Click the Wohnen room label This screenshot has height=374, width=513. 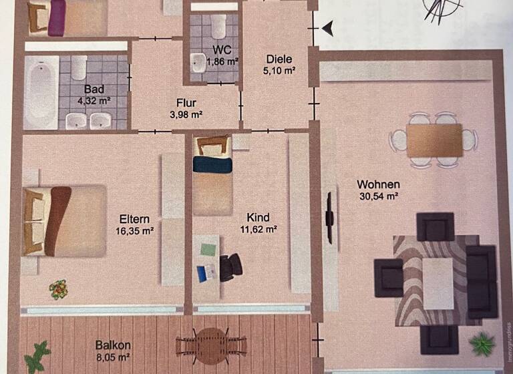(x=378, y=184)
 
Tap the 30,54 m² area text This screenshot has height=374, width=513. (x=378, y=196)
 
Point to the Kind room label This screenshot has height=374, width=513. (x=258, y=218)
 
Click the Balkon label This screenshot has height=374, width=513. (x=112, y=346)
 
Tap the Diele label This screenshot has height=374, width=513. (x=279, y=58)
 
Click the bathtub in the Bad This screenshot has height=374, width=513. (x=41, y=92)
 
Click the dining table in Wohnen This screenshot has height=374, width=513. (x=435, y=140)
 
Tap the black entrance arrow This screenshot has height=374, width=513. (x=327, y=28)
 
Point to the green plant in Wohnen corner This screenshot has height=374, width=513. (x=481, y=345)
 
